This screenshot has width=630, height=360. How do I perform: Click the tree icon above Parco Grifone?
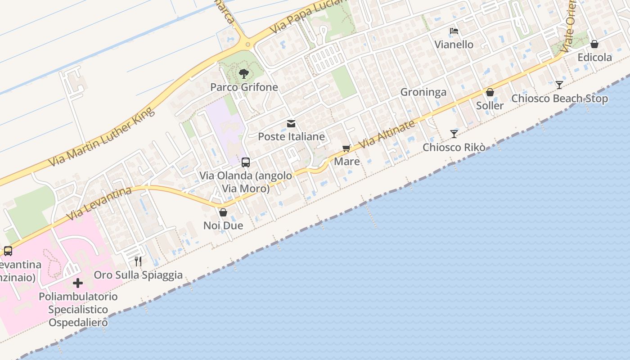243,73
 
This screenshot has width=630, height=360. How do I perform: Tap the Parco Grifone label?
244,87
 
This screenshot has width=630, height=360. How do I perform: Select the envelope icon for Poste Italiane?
291,123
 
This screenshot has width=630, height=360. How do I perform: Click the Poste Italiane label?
291,136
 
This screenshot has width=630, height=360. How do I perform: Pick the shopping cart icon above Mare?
346,148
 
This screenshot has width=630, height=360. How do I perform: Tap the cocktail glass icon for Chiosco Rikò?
454,134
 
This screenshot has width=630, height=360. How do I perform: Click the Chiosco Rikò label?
454,147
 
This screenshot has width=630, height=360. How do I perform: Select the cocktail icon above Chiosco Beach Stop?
559,85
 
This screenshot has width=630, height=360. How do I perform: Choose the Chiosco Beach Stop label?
559,99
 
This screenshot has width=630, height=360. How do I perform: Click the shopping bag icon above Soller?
490,93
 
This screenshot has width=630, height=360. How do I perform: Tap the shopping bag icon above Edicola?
594,44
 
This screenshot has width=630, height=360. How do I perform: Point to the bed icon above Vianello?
454,31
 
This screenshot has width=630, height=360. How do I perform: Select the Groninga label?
423,92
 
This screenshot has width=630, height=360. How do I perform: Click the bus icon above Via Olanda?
246,162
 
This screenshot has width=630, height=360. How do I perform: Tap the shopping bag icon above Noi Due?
223,212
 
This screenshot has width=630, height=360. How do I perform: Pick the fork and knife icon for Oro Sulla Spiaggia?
138,261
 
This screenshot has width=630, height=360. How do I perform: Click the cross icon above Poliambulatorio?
78,283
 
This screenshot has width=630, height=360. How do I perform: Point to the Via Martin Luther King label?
101,137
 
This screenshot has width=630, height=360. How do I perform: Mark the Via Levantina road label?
99,203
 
